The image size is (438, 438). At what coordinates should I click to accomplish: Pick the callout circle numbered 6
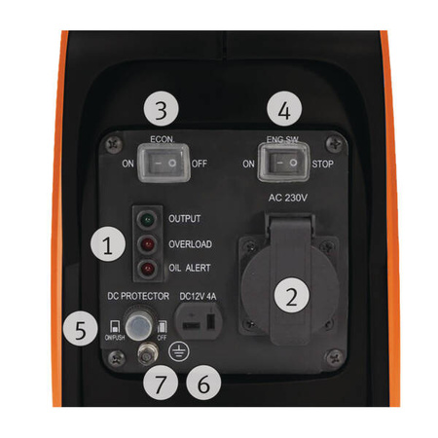tap(201, 383)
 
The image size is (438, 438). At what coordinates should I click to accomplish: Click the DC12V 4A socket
tap(204, 322)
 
